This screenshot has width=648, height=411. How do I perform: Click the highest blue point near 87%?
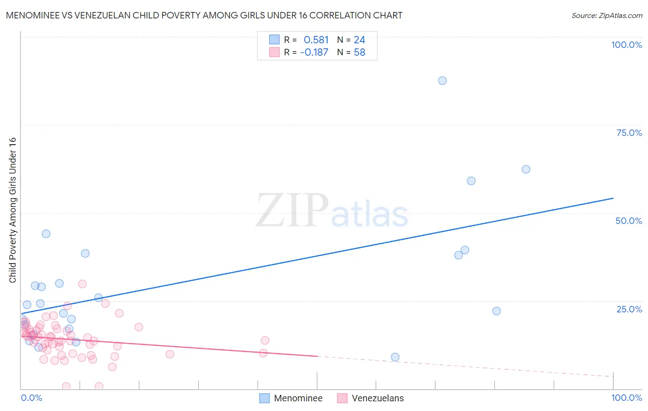[442, 81]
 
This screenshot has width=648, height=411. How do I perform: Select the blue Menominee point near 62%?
[526, 170]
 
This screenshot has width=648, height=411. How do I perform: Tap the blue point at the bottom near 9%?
[395, 357]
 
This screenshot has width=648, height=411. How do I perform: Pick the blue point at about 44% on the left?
[46, 234]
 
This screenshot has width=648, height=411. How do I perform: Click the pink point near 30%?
[82, 284]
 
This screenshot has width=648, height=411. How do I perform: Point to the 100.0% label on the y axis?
[626, 45]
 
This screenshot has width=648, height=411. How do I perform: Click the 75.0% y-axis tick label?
[629, 133]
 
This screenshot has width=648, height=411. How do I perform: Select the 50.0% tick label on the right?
[629, 221]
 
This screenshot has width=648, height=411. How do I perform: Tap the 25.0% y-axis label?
[629, 309]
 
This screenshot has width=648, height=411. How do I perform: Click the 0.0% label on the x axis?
[31, 398]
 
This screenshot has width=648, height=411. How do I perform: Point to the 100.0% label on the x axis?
[626, 398]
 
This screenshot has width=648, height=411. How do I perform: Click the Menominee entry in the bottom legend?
[298, 398]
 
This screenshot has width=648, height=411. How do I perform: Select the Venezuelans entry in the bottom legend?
[377, 398]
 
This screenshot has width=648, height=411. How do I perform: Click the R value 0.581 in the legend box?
[316, 40]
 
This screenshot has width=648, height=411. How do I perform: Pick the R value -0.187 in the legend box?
[314, 53]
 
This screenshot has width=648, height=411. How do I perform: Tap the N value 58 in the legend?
[359, 53]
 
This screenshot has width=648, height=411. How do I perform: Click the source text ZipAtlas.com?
[607, 15]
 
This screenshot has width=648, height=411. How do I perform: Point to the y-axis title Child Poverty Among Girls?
[12, 210]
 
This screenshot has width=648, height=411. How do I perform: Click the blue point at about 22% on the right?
[496, 311]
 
